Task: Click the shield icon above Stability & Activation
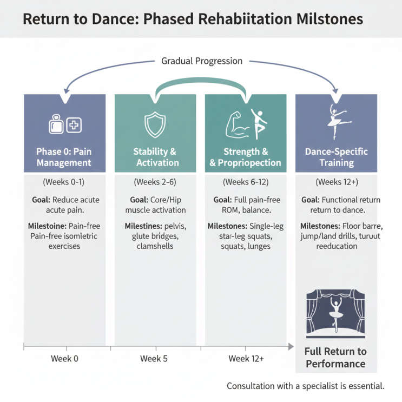click(155, 124)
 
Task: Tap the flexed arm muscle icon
click(238, 125)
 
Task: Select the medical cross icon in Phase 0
click(74, 125)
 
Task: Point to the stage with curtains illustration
click(335, 314)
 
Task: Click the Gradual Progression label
click(202, 61)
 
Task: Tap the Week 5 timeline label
click(154, 358)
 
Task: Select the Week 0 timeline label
click(64, 358)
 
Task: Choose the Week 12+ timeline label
click(246, 358)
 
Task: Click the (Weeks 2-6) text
click(155, 182)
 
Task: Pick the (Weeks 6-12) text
click(246, 182)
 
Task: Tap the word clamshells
click(155, 246)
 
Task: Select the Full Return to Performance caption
click(335, 358)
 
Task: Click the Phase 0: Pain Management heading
click(64, 157)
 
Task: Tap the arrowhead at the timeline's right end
click(291, 347)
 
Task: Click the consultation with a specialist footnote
click(306, 386)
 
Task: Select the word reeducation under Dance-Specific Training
click(337, 246)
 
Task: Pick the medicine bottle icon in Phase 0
click(56, 124)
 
